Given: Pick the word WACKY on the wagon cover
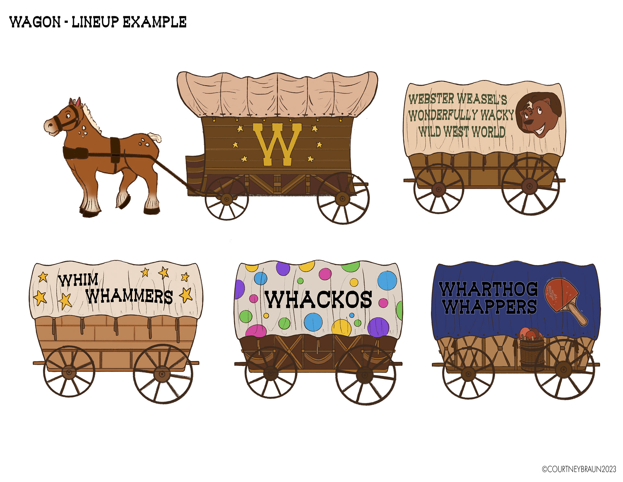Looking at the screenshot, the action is (x=497, y=115).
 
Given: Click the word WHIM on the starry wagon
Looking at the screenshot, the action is (x=78, y=280).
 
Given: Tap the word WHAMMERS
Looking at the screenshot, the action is (x=129, y=296).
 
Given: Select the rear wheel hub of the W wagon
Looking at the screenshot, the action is (x=343, y=198).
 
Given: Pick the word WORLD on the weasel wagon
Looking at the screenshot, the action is (x=488, y=132).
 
